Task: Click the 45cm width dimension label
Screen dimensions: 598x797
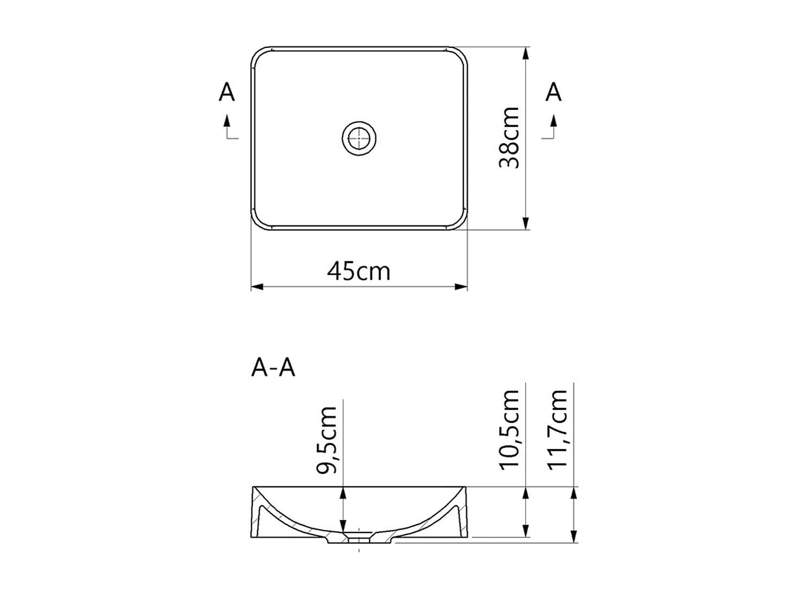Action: point(359,270)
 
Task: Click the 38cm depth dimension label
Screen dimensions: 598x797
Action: point(510,138)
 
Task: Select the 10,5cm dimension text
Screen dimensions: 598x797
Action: point(510,429)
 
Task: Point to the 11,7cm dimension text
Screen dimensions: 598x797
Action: point(557,429)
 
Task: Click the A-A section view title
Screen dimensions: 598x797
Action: point(273,368)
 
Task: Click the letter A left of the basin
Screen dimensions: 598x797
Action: point(227,93)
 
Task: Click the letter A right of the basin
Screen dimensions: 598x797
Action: point(553,93)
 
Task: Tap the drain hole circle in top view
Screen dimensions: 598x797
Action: point(359,138)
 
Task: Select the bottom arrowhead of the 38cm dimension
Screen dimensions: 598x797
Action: point(526,223)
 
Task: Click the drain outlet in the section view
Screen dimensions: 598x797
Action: point(359,540)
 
